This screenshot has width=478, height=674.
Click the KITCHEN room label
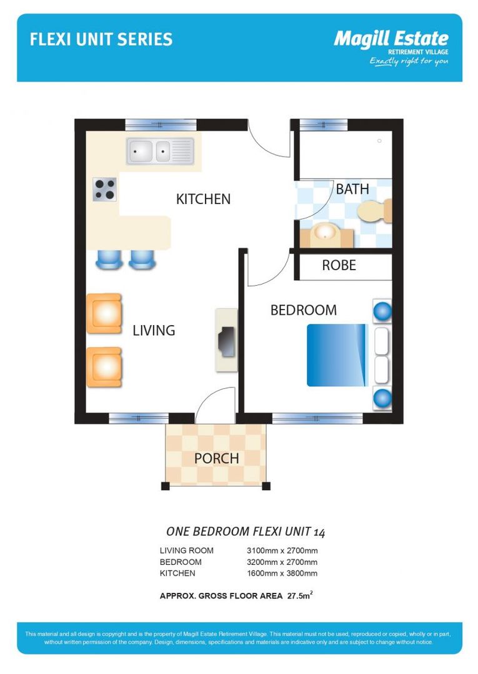coord(203,199)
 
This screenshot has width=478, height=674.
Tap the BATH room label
coord(352,189)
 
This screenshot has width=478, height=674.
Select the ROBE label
coord(339,265)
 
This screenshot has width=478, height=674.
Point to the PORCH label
coord(216,459)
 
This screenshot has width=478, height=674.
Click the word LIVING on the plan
coord(154,331)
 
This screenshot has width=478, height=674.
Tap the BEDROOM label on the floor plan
coord(303,310)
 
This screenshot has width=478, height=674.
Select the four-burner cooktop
coord(104,189)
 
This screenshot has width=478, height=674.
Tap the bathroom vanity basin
coord(325,233)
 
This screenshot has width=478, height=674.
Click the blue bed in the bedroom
coord(336,354)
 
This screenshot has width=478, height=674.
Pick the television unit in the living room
coord(226,341)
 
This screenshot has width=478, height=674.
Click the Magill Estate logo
coord(391,47)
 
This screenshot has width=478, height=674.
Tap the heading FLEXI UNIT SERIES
coord(101,40)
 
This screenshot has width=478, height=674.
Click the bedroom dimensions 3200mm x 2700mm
coord(282,562)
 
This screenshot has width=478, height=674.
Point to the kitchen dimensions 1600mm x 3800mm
coord(282,573)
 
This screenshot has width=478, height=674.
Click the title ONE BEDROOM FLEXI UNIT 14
coord(246,532)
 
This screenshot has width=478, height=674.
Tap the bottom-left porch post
coord(166,486)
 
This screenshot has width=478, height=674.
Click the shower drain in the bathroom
coord(379,141)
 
